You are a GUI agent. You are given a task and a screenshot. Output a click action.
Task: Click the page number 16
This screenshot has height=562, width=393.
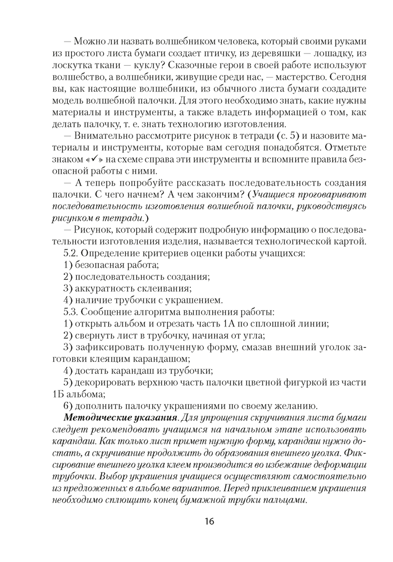point(208,521)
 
